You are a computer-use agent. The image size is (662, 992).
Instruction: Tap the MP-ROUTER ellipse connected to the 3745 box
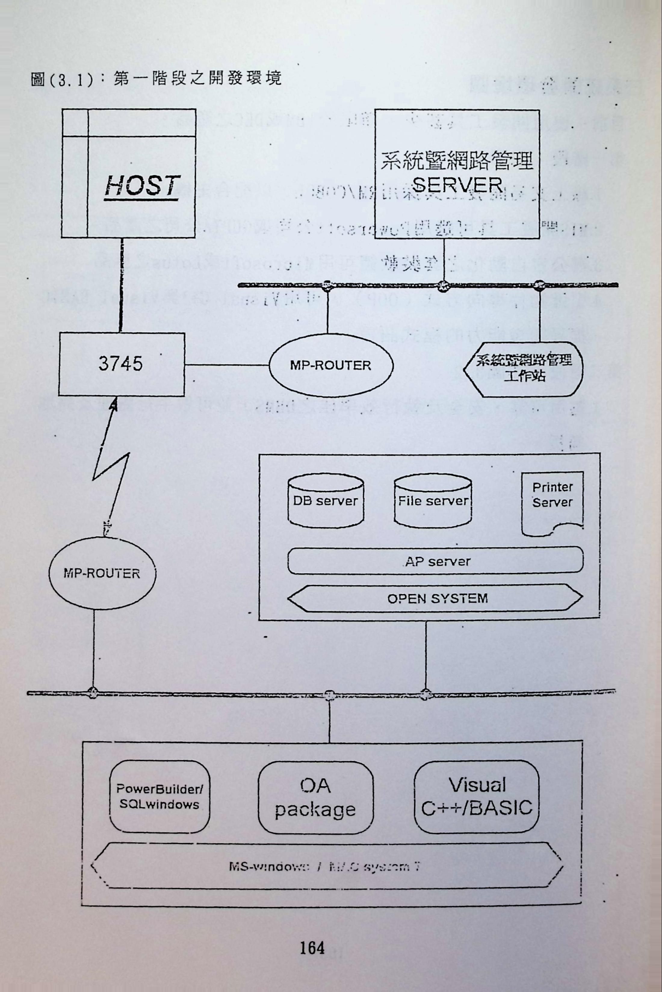pyautogui.click(x=331, y=365)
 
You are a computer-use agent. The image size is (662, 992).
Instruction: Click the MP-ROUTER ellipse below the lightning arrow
pyautogui.click(x=102, y=573)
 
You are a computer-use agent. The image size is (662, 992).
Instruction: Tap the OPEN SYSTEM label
pyautogui.click(x=438, y=598)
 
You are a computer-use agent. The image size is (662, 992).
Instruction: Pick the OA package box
pyautogui.click(x=315, y=797)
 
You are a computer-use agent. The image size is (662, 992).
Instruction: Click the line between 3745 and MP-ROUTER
pyautogui.click(x=227, y=365)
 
